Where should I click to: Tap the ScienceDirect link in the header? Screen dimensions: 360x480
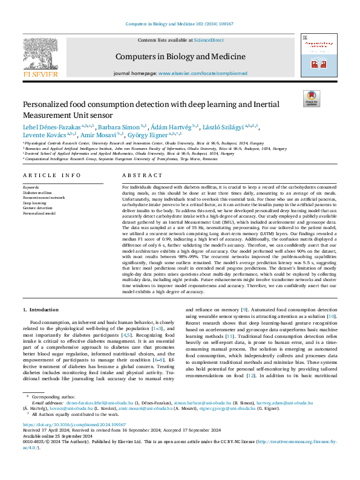click(209, 41)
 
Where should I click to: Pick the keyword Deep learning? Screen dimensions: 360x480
click(35, 204)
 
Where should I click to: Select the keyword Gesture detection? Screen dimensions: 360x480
click(38, 209)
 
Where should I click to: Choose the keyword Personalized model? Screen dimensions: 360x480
click(39, 213)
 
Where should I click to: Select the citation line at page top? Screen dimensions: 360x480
click(180, 24)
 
